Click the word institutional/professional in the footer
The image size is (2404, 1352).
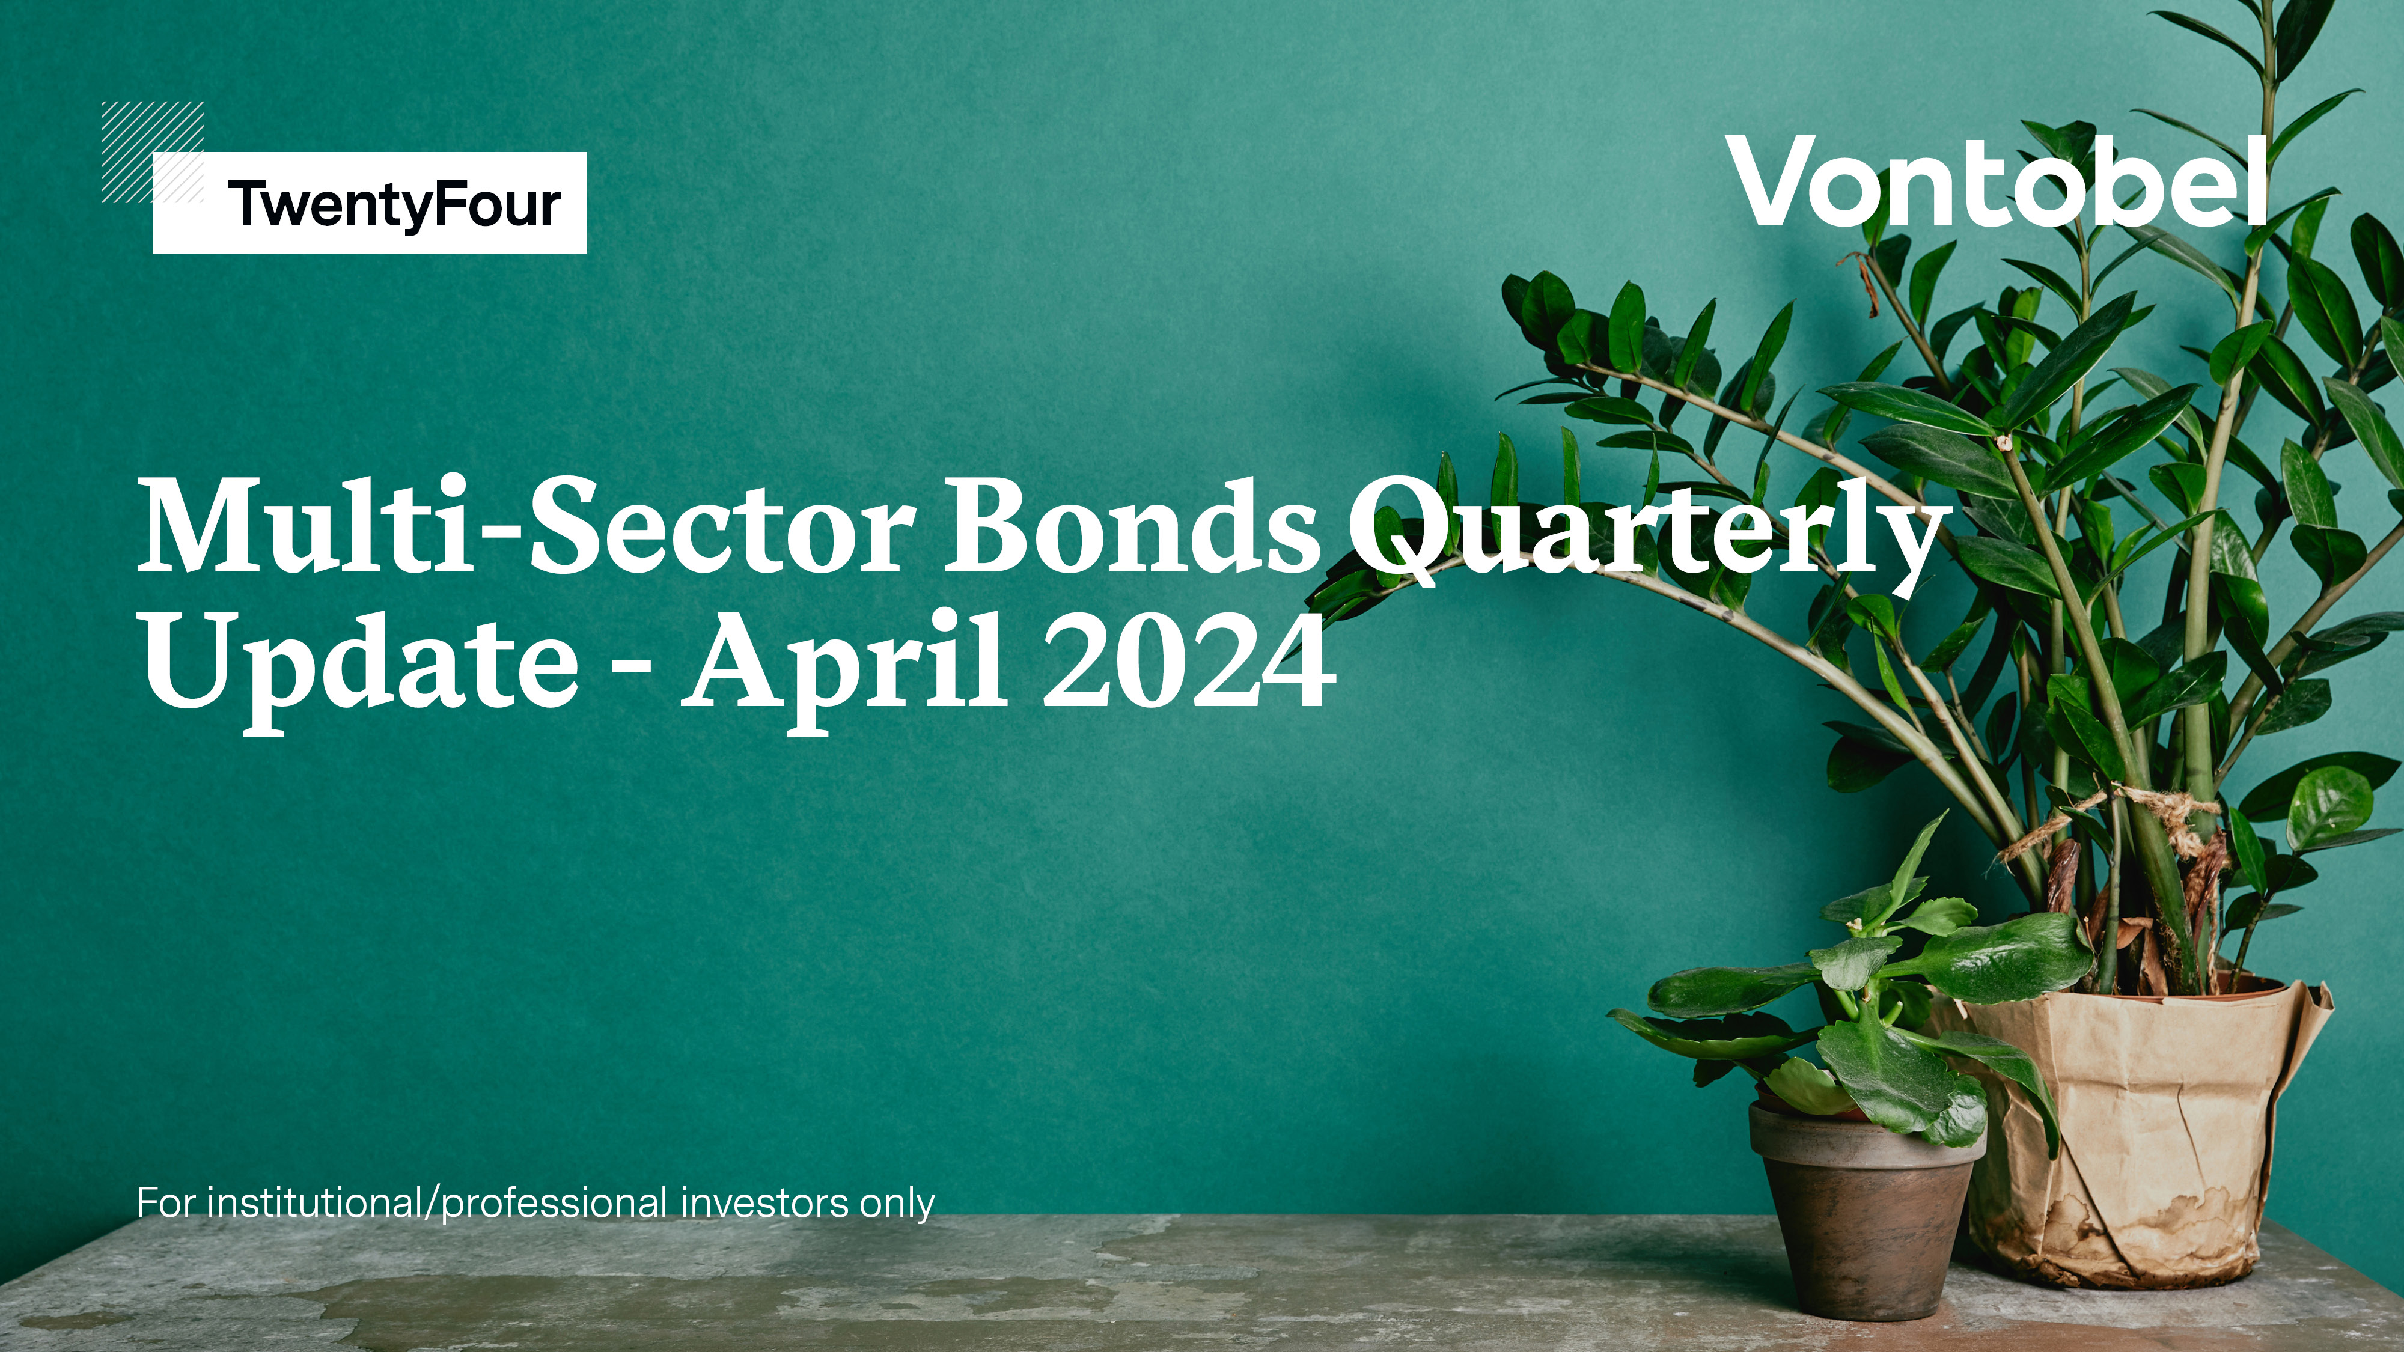coord(437,1203)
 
